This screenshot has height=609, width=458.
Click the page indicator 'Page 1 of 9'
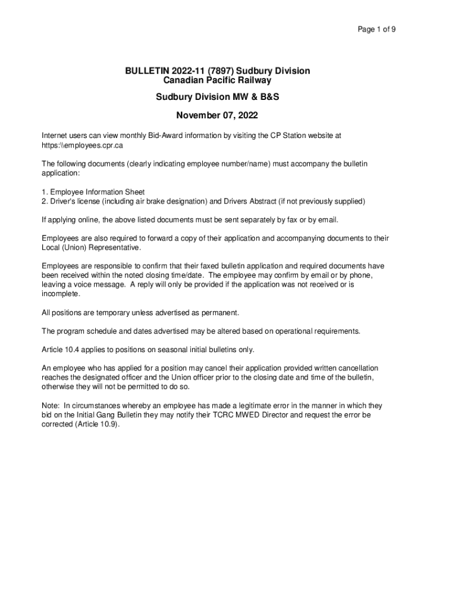tap(377, 29)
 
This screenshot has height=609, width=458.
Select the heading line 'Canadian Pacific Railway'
tap(217, 80)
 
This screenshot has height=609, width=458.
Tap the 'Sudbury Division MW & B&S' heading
tap(217, 96)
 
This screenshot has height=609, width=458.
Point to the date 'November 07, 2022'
tap(217, 115)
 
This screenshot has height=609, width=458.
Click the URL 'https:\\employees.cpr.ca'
tap(81, 145)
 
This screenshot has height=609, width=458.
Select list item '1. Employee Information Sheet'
tap(93, 192)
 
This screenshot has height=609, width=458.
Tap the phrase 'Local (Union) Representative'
tap(91, 247)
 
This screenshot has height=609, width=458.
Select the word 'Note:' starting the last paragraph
tap(51, 406)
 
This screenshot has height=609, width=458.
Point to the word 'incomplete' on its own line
tap(60, 294)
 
